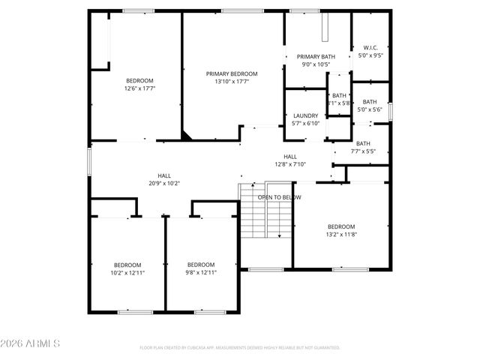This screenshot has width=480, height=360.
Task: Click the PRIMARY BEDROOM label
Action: pyautogui.click(x=232, y=73)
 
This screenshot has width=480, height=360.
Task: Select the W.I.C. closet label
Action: pyautogui.click(x=370, y=47)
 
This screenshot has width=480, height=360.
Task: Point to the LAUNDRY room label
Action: pyautogui.click(x=305, y=115)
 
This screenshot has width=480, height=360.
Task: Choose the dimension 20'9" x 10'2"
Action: pyautogui.click(x=163, y=183)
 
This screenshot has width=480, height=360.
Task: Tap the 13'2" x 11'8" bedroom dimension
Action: pyautogui.click(x=340, y=234)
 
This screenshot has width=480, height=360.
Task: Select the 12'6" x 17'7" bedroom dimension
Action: pyautogui.click(x=139, y=88)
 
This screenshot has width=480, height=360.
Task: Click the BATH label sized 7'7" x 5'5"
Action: pyautogui.click(x=363, y=151)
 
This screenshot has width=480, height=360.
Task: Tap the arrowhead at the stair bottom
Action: pyautogui.click(x=280, y=235)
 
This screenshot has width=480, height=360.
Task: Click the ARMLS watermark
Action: pyautogui.click(x=31, y=343)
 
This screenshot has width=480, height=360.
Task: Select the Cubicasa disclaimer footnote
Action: pyautogui.click(x=240, y=348)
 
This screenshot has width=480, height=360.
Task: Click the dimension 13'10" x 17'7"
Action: pyautogui.click(x=232, y=81)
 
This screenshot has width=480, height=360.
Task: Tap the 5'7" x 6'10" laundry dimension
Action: pyautogui.click(x=305, y=123)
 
